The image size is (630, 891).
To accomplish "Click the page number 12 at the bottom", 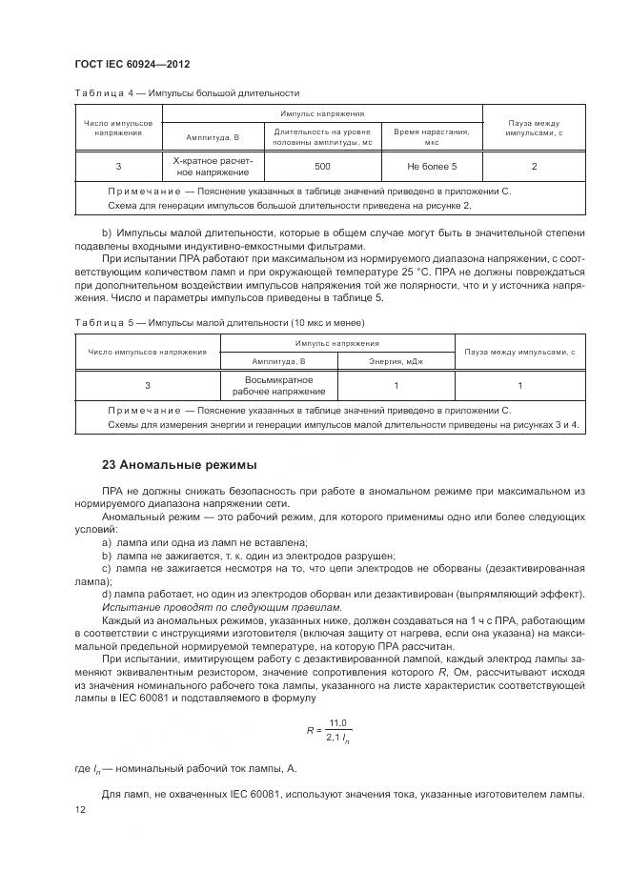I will coord(79,809).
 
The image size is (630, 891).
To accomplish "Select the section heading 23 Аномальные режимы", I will coord(179,465).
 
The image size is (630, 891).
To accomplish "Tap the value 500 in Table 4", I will coord(322,167).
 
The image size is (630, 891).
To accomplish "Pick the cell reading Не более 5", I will coord(431,167).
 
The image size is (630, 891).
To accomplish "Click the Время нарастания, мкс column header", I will coord(431,135).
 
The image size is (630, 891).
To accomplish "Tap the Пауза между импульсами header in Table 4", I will coord(534,129).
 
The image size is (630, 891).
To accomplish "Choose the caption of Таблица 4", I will coord(186,93).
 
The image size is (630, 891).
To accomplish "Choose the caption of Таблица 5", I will coord(219,322).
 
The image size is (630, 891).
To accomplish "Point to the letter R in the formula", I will coord(310,730).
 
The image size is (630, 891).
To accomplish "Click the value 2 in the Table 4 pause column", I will coord(534,167).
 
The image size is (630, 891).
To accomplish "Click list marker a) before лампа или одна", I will coord(106,541).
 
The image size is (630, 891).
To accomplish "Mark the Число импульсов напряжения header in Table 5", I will coord(147,352).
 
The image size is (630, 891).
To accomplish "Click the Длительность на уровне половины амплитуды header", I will coord(322,135).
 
